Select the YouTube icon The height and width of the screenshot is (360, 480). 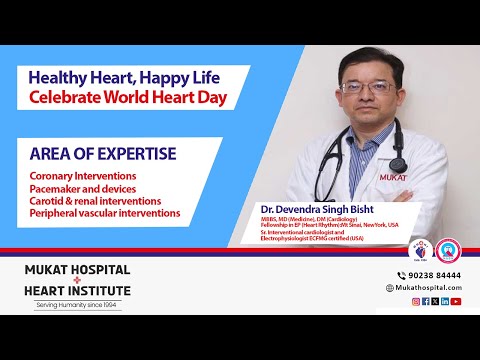click(x=456, y=301)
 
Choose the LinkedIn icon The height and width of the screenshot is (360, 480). click(x=445, y=301)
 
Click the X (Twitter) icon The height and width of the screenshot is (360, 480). click(x=435, y=301)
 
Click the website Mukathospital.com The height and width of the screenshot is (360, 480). click(x=428, y=287)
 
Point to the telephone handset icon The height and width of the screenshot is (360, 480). click(x=390, y=274)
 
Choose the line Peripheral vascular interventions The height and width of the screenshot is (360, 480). click(x=105, y=212)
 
